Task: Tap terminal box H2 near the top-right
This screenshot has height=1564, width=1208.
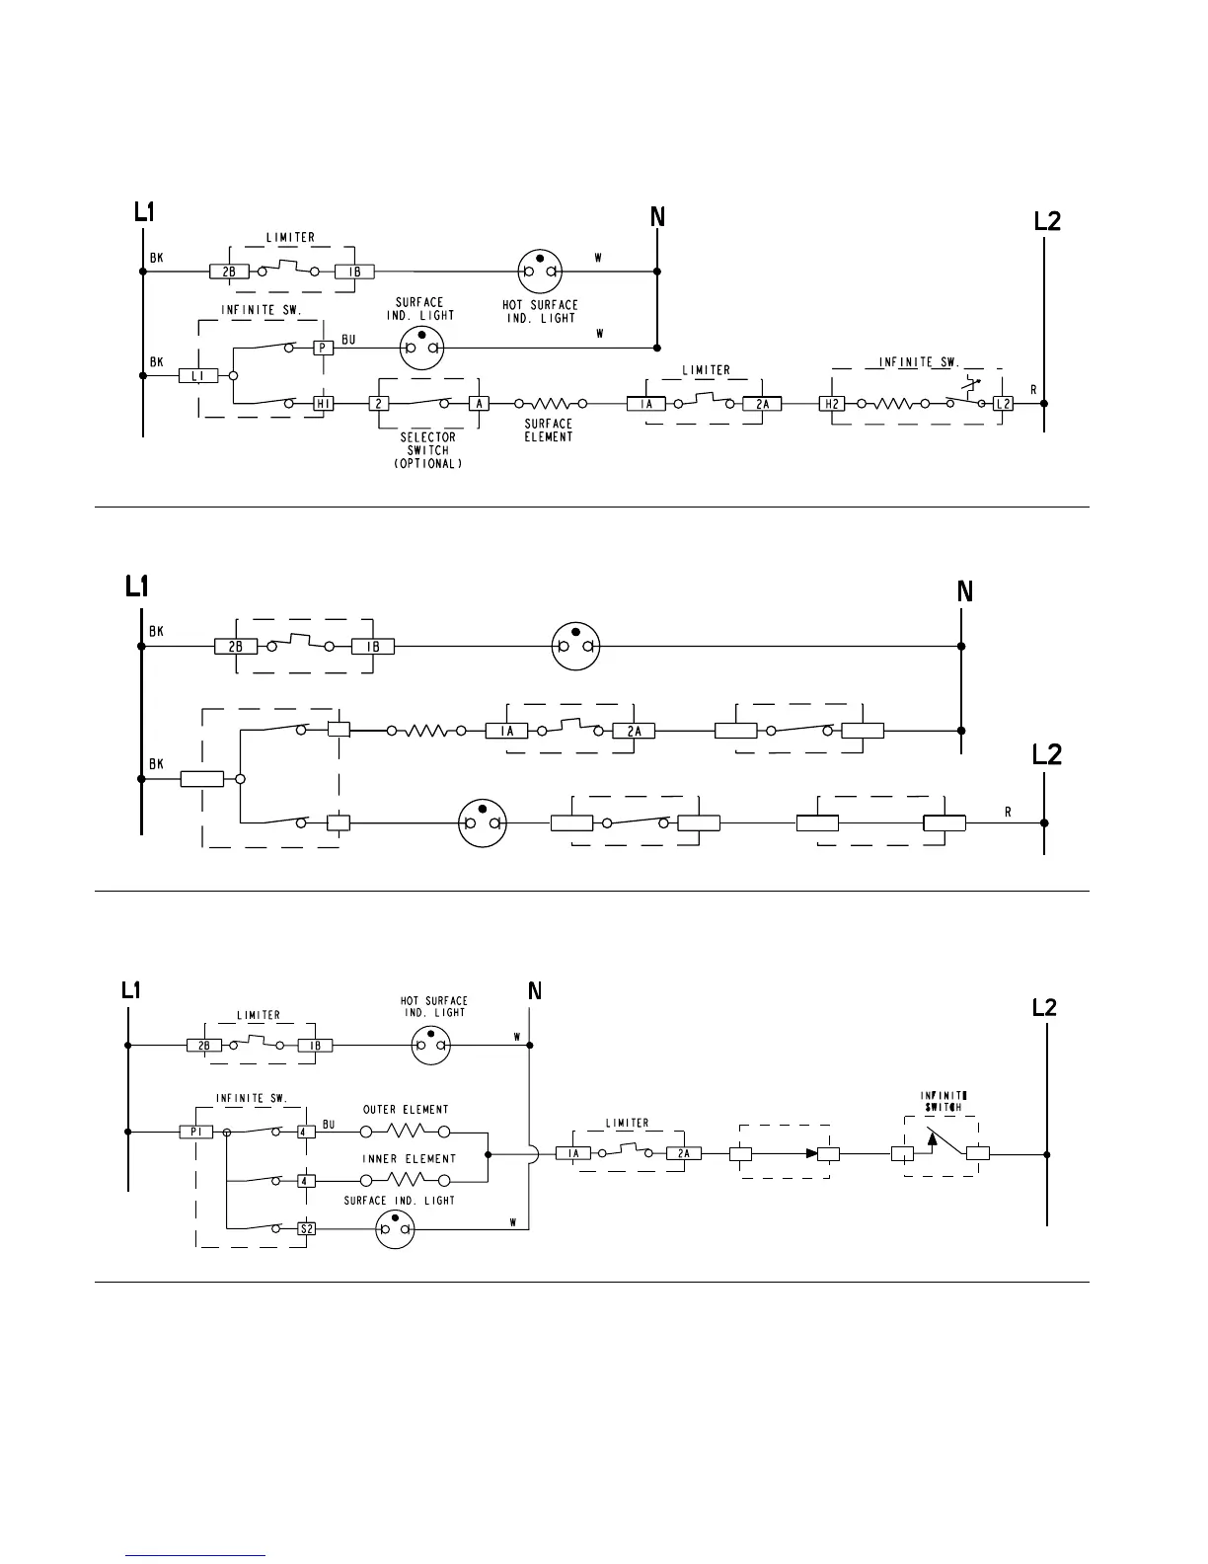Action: click(x=831, y=404)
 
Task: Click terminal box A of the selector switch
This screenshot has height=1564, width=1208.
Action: click(x=479, y=404)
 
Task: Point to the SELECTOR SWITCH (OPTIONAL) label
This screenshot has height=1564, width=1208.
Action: click(x=427, y=450)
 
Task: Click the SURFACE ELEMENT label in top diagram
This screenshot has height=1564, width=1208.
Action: click(x=549, y=430)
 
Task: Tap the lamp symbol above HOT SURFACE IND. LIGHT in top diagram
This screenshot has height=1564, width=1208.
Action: click(x=540, y=271)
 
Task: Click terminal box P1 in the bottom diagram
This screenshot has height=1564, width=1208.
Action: click(x=195, y=1133)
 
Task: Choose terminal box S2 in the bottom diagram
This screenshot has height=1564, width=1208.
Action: click(x=307, y=1229)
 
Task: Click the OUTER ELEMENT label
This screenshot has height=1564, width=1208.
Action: click(x=406, y=1110)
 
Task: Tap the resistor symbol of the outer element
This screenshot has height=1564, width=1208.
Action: click(x=405, y=1132)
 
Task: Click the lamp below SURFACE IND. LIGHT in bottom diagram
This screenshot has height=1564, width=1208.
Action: click(x=396, y=1229)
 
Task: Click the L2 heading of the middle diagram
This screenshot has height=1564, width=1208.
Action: click(x=1046, y=755)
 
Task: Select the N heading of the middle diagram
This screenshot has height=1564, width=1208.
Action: click(x=965, y=591)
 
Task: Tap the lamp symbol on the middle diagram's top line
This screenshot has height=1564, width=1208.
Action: click(x=575, y=647)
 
